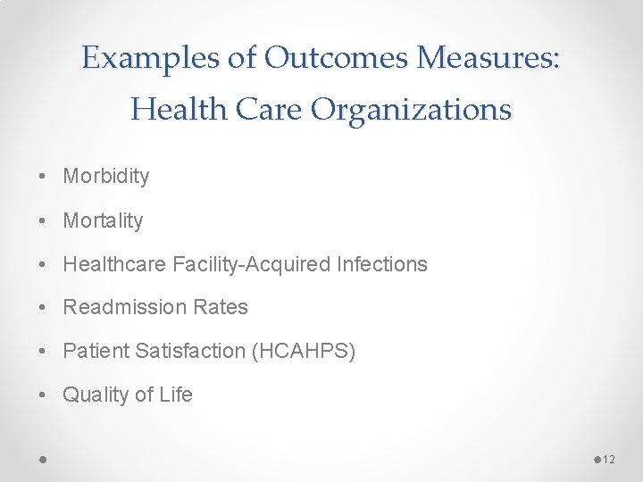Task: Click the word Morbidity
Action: tap(106, 177)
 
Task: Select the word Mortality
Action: tap(103, 220)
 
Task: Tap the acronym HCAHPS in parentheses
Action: tap(305, 352)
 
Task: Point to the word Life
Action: tap(176, 395)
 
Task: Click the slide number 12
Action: tap(609, 459)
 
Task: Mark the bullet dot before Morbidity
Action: tap(44, 177)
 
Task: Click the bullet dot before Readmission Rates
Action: tap(44, 308)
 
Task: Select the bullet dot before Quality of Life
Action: tap(44, 395)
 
